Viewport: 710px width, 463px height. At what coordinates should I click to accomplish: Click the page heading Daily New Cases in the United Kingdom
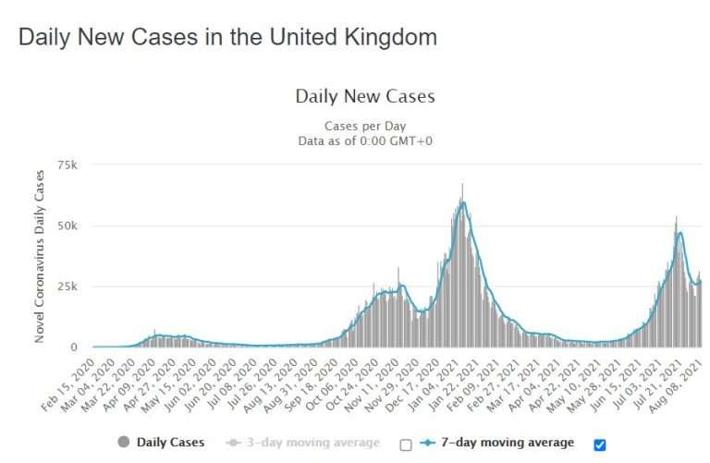coord(227,38)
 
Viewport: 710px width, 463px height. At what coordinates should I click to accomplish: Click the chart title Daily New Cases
coord(364,96)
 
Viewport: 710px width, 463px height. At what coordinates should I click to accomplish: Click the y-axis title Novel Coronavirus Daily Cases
coord(41,255)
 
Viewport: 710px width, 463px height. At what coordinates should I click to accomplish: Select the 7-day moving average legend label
coord(507,443)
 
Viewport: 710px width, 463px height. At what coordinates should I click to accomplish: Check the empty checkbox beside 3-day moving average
coord(405,445)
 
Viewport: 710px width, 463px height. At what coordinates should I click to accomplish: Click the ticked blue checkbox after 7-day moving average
coord(600,445)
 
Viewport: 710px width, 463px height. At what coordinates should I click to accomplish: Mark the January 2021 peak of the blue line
coord(461,202)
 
